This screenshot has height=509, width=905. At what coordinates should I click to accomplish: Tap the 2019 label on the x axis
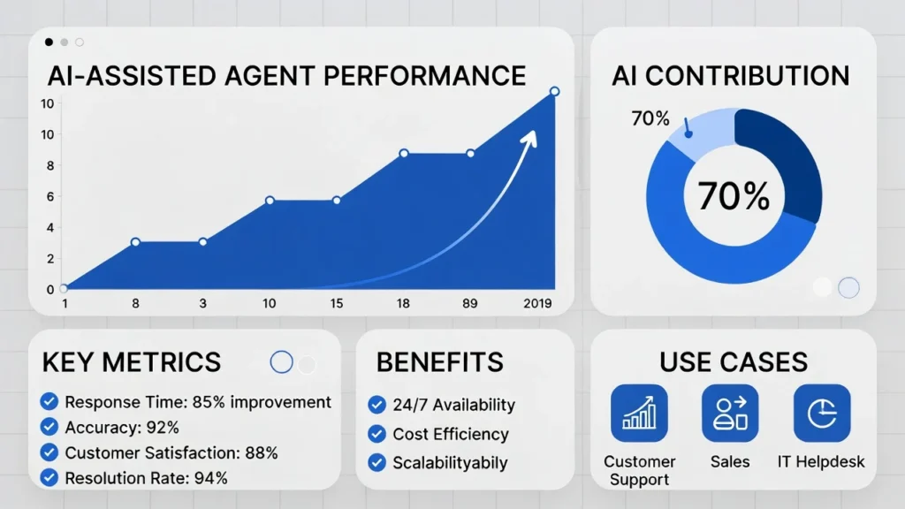pyautogui.click(x=536, y=303)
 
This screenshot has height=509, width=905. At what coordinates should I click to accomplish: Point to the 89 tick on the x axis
pyautogui.click(x=469, y=303)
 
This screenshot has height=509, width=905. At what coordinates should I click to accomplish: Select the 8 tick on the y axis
pyautogui.click(x=49, y=165)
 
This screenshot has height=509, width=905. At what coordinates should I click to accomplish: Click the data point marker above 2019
pyautogui.click(x=554, y=92)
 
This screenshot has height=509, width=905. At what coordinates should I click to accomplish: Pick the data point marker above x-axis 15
pyautogui.click(x=337, y=201)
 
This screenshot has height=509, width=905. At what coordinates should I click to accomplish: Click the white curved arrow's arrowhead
pyautogui.click(x=532, y=136)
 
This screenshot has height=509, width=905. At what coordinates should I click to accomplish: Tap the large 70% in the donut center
pyautogui.click(x=734, y=196)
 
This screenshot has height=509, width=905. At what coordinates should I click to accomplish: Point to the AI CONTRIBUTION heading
pyautogui.click(x=730, y=75)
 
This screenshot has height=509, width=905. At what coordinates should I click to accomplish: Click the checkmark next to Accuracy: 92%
pyautogui.click(x=50, y=428)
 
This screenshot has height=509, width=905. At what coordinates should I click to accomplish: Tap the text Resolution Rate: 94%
pyautogui.click(x=146, y=478)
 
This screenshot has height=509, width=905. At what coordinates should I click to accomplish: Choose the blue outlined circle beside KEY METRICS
pyautogui.click(x=281, y=361)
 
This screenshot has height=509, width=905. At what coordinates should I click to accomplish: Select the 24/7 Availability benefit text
pyautogui.click(x=453, y=405)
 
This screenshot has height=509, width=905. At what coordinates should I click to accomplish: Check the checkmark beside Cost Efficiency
pyautogui.click(x=377, y=434)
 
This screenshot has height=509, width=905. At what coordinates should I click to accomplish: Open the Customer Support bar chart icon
pyautogui.click(x=639, y=413)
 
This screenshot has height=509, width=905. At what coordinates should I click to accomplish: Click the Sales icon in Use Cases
pyautogui.click(x=730, y=413)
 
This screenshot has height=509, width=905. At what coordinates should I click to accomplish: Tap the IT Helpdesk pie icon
pyautogui.click(x=821, y=413)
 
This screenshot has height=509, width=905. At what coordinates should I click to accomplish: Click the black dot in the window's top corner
pyautogui.click(x=49, y=42)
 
